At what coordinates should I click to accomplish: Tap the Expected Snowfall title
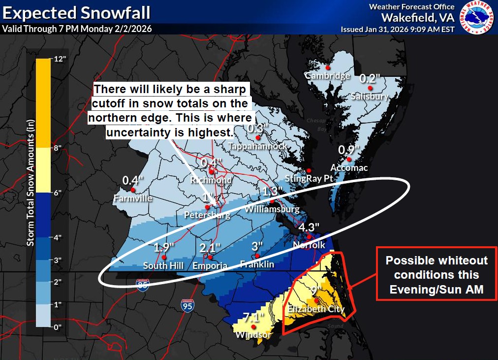point(77,12)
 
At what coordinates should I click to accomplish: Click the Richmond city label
point(211,180)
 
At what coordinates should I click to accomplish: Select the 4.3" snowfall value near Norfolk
point(309,227)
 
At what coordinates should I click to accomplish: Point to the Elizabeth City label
point(316,309)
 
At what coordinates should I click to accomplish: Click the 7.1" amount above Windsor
point(254,316)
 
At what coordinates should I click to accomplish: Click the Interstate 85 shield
point(143,284)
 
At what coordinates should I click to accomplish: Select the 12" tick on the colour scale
point(60,60)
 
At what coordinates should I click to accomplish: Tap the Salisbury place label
point(370,97)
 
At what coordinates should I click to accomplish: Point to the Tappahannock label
point(257,146)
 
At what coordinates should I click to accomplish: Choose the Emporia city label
point(210,266)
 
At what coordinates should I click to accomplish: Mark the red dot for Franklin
point(256,256)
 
